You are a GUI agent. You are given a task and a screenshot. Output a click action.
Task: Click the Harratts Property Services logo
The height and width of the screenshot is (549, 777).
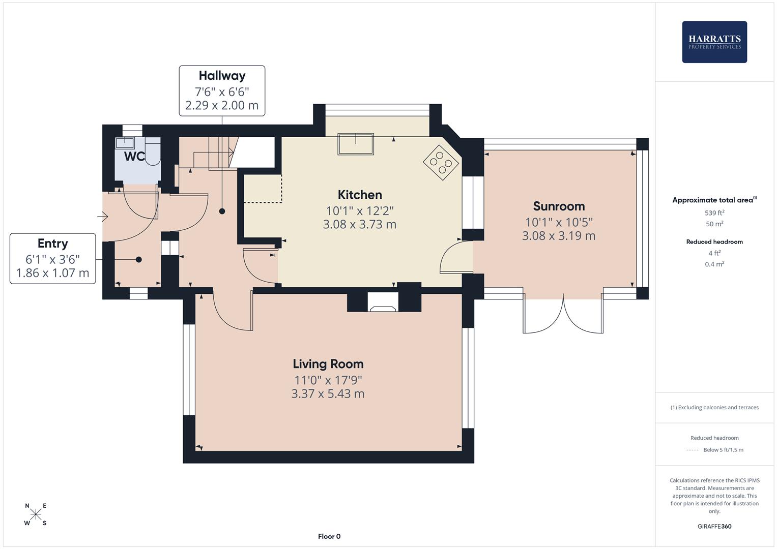714,42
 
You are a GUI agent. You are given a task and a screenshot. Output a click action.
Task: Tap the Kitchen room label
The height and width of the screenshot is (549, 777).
360,195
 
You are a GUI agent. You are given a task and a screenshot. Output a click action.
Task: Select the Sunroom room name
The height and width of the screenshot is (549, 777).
559,206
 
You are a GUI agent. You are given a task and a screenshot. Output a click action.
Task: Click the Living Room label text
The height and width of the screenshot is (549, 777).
328,364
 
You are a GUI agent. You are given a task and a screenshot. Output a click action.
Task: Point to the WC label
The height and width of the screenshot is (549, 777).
134,157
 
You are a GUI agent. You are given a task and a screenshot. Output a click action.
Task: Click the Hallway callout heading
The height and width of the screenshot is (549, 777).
222,76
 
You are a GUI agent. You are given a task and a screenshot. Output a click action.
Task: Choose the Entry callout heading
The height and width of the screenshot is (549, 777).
52,243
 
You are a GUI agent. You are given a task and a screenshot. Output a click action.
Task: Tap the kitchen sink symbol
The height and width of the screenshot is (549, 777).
356,144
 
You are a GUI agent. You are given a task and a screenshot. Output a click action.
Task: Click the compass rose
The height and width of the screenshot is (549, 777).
36,514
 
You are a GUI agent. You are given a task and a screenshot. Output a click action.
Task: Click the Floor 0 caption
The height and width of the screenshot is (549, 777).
329,536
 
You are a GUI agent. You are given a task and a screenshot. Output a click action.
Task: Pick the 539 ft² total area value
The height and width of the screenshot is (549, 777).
714,213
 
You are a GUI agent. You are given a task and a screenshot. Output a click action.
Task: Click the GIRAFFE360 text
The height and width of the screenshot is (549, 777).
714,527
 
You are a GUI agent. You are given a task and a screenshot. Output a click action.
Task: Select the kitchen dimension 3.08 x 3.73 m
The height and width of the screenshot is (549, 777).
359,224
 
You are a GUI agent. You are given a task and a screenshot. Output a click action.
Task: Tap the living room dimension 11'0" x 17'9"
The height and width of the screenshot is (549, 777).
328,380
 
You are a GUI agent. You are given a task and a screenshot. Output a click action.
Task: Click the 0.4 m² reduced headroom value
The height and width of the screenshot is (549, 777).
714,264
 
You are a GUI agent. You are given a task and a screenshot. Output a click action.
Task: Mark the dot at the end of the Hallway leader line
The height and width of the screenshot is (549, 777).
222,211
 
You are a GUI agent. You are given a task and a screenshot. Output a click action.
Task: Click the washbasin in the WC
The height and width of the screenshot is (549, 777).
125,143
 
